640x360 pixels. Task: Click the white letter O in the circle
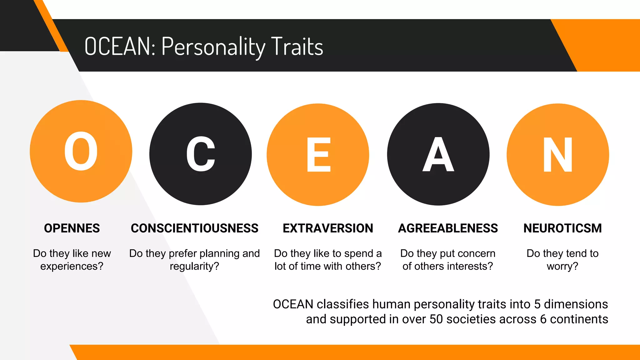[x=81, y=151]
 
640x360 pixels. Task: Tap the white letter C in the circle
[x=201, y=154]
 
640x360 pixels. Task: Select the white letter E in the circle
[x=318, y=155]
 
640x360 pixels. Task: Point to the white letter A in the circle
[x=438, y=155]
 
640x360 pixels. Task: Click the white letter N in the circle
[x=558, y=155]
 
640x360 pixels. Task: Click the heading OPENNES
[x=72, y=228]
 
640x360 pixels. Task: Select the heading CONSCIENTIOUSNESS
[x=194, y=228]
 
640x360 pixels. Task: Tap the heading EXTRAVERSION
[x=328, y=228]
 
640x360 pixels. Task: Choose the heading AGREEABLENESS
[x=448, y=228]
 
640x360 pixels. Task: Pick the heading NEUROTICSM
[x=562, y=228]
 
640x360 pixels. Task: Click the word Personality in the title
[x=213, y=47]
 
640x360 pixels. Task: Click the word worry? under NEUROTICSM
[x=562, y=266]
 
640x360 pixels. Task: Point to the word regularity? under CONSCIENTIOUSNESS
[x=194, y=266]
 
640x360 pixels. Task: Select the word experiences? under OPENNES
[x=72, y=266]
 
